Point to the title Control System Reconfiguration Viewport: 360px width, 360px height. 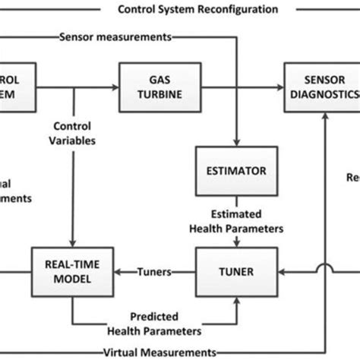198,10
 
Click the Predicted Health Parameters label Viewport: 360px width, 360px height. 154,322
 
